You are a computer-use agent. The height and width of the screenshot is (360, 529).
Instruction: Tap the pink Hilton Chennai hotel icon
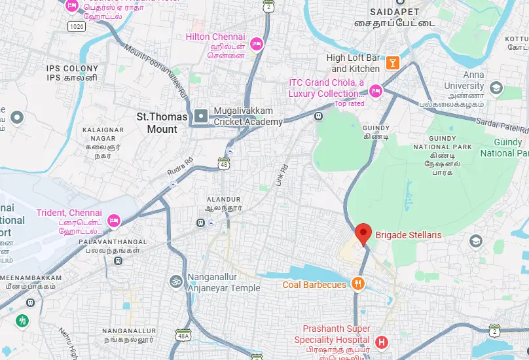257,43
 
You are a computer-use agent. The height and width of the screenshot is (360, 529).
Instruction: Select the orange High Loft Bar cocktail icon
392,63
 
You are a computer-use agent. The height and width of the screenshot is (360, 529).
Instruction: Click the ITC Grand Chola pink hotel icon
375,90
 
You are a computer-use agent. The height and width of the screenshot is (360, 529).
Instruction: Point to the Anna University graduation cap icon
496,88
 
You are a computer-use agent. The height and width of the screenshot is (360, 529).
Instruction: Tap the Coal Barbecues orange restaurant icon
357,284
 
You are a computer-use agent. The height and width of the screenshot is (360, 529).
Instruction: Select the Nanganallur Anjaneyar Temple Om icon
175,281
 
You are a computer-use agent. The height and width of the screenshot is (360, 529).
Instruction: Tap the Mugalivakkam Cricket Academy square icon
201,117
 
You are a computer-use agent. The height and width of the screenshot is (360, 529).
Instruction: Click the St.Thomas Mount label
161,123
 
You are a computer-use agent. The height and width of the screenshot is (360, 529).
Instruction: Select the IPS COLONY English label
73,68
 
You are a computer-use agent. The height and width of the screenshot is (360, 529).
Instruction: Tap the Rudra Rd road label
181,168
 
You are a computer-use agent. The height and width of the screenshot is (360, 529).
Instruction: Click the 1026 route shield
76,26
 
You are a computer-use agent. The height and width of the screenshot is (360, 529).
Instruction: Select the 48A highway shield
183,334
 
